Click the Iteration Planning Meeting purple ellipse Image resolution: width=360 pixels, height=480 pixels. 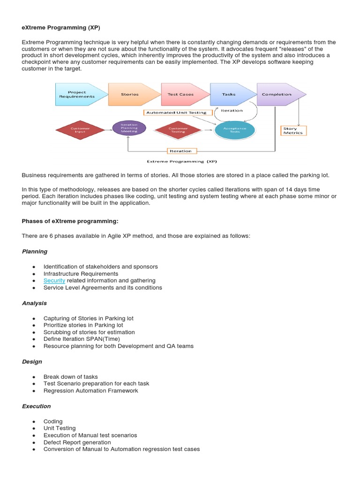click(129, 128)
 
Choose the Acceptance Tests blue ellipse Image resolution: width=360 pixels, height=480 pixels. click(234, 130)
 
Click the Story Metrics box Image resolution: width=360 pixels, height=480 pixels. click(293, 131)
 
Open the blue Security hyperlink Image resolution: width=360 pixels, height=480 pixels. click(54, 280)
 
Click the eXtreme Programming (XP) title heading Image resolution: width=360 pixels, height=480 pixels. click(61, 28)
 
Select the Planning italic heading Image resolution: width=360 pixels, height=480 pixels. click(35, 251)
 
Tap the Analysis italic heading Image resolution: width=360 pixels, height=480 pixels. click(34, 303)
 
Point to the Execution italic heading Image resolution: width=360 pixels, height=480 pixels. click(36, 406)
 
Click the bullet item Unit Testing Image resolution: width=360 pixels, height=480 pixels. click(60, 428)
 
